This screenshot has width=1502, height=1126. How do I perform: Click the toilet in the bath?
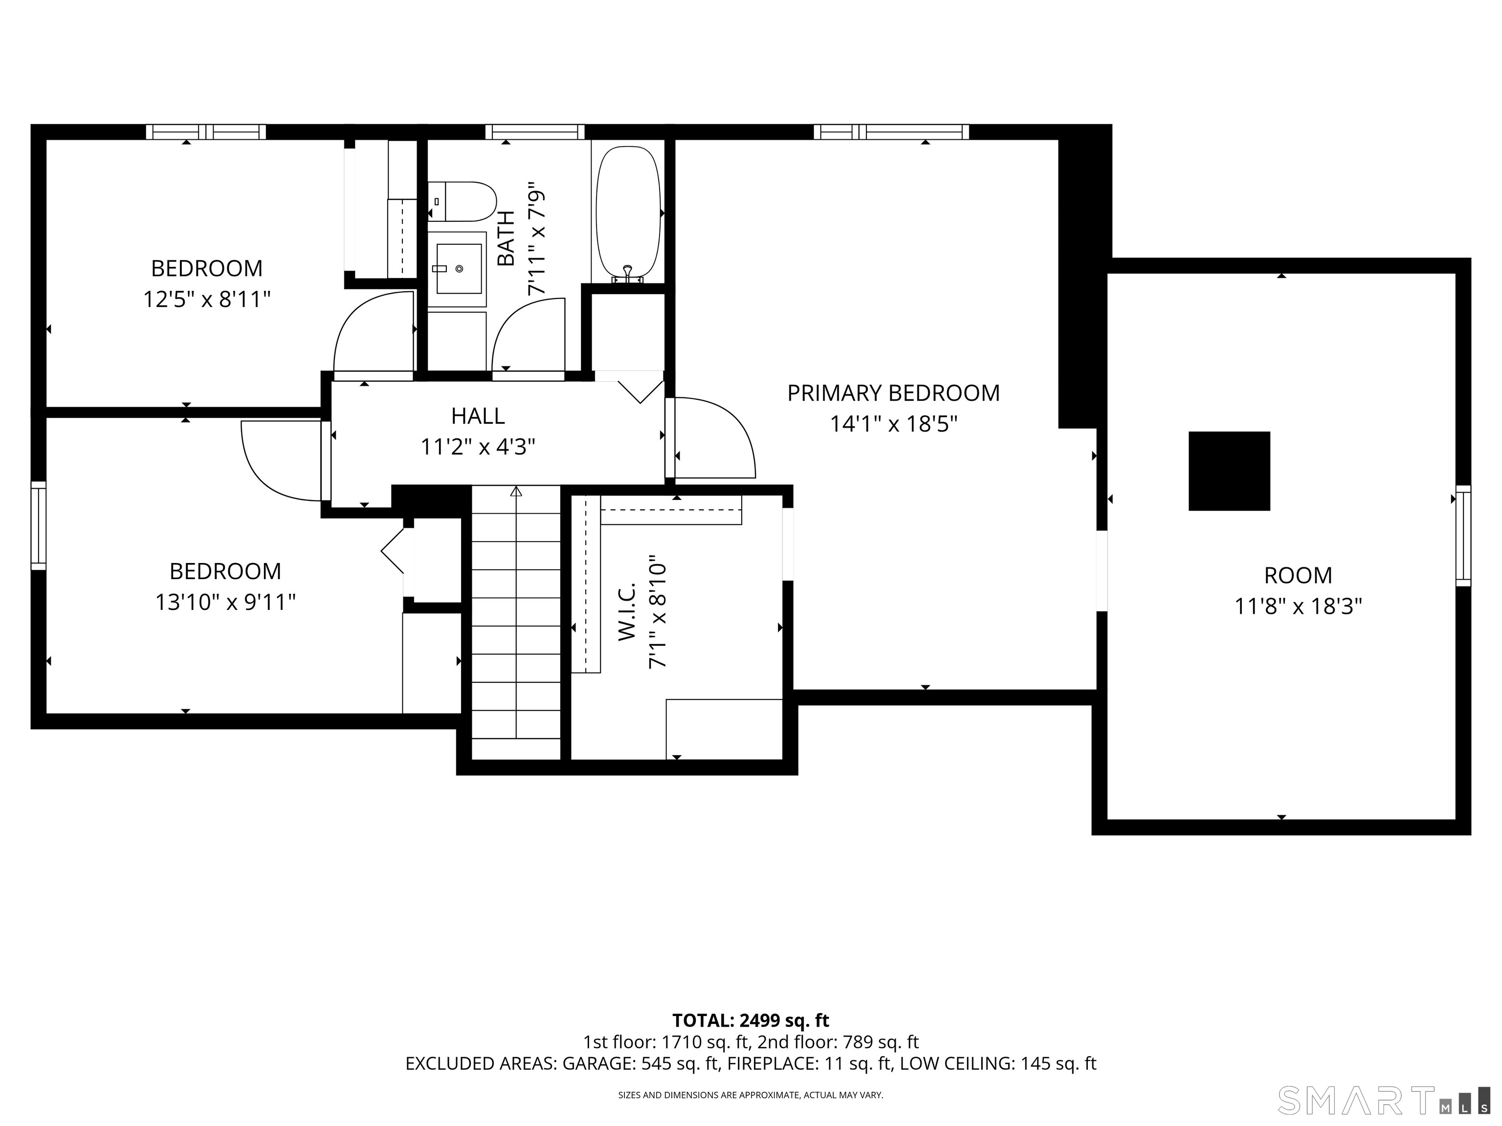(462, 201)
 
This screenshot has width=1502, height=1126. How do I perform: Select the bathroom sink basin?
(458, 269)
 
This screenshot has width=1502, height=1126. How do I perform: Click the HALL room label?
(478, 415)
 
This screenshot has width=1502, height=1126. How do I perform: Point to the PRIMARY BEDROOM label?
(894, 393)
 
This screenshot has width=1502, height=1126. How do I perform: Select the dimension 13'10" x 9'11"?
(225, 602)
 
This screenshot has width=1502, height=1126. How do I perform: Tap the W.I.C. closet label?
(626, 610)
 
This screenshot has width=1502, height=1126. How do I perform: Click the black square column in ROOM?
(1229, 471)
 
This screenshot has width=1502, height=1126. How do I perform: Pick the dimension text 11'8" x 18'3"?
(1298, 606)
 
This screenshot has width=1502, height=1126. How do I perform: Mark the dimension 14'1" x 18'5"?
(894, 424)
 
